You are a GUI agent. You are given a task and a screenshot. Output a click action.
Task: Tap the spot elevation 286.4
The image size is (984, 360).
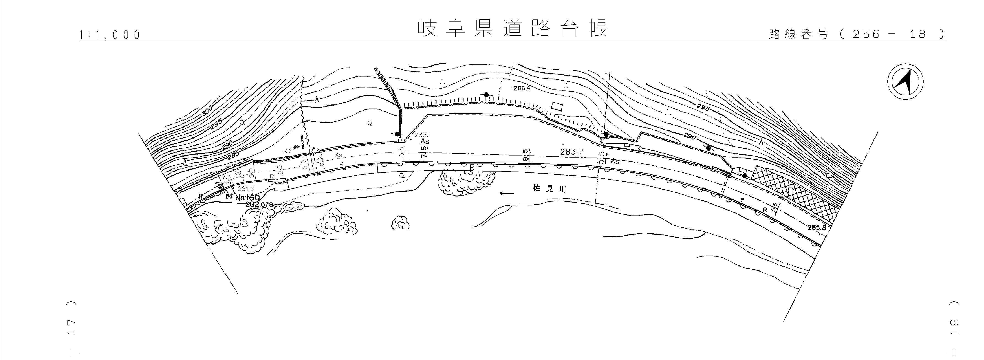pyautogui.click(x=522, y=88)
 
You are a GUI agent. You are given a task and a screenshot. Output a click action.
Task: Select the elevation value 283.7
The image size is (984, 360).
pyautogui.click(x=572, y=152)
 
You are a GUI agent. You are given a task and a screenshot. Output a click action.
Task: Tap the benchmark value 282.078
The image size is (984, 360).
pyautogui.click(x=259, y=205)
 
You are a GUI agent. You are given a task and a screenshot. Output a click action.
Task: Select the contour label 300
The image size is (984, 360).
pyautogui.click(x=207, y=111)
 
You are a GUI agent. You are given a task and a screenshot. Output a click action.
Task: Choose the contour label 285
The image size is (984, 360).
pyautogui.click(x=232, y=155)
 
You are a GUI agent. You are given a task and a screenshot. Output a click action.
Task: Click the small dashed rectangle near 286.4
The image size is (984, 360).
pyautogui.click(x=557, y=107)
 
